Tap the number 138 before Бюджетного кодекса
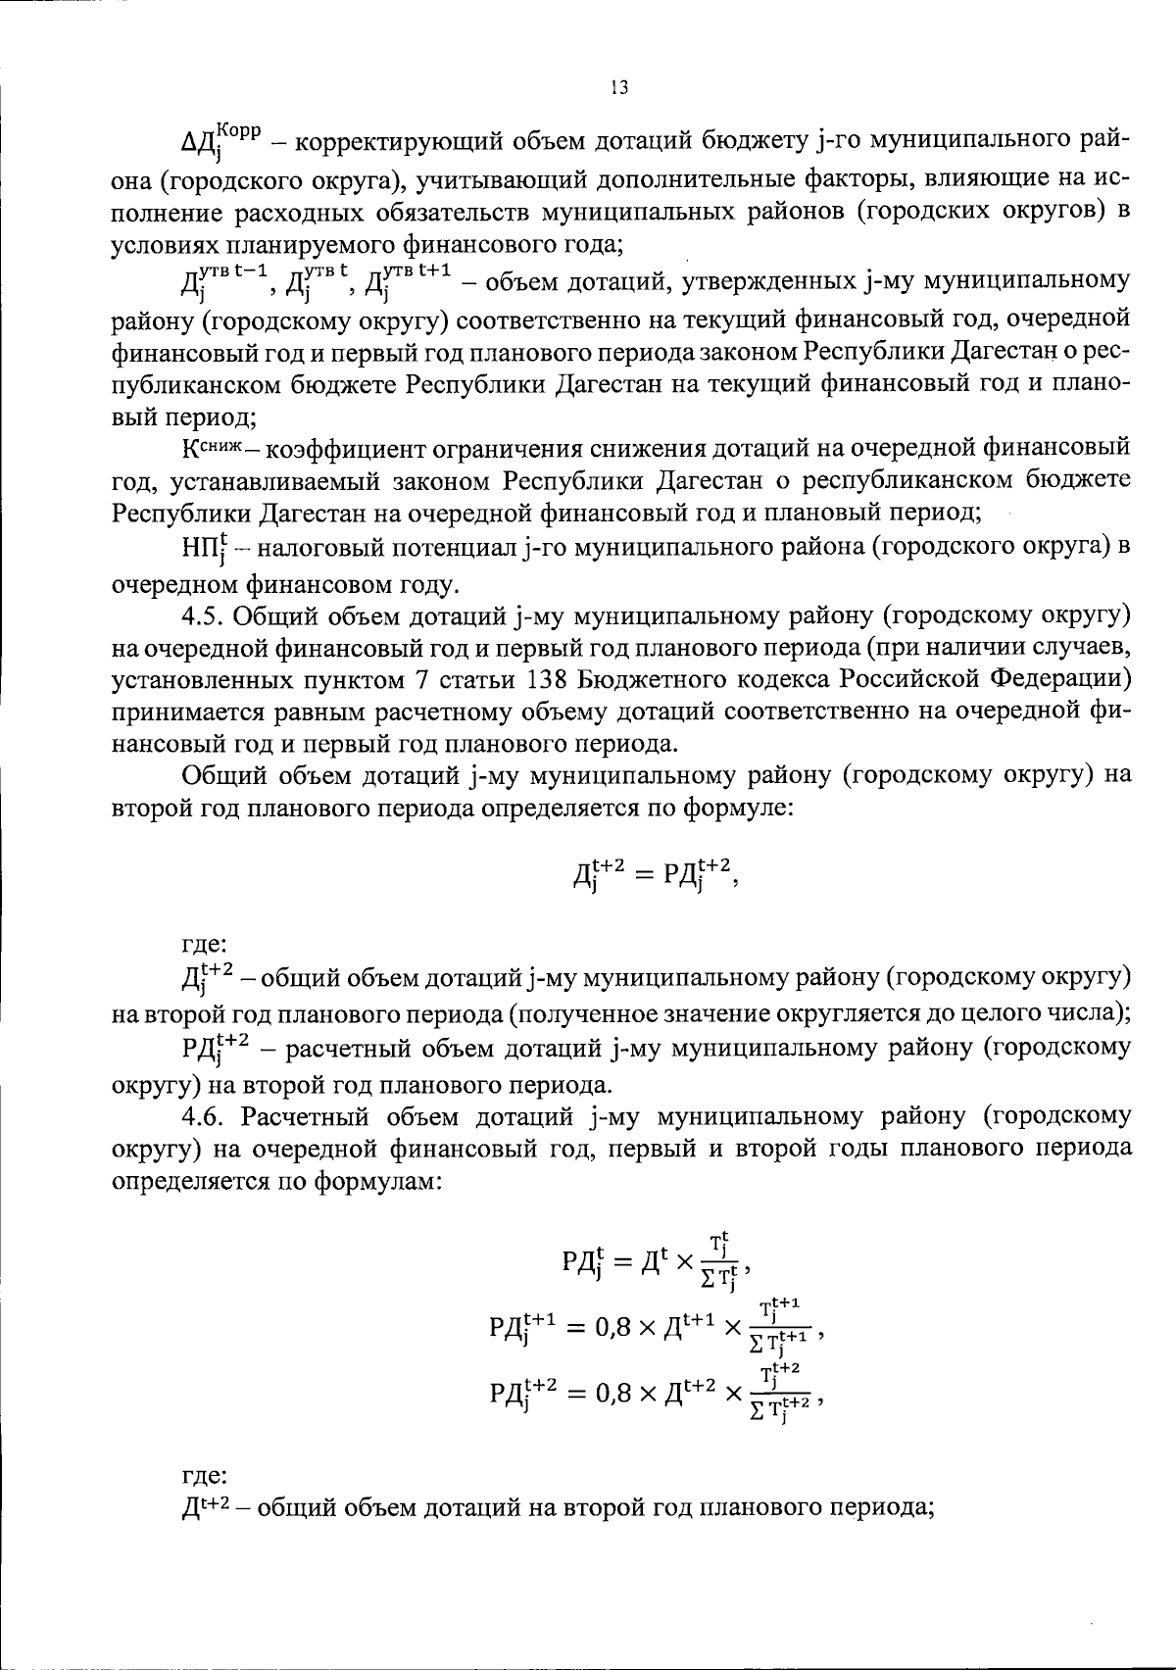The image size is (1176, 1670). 539,679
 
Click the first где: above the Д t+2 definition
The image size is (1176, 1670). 204,945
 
